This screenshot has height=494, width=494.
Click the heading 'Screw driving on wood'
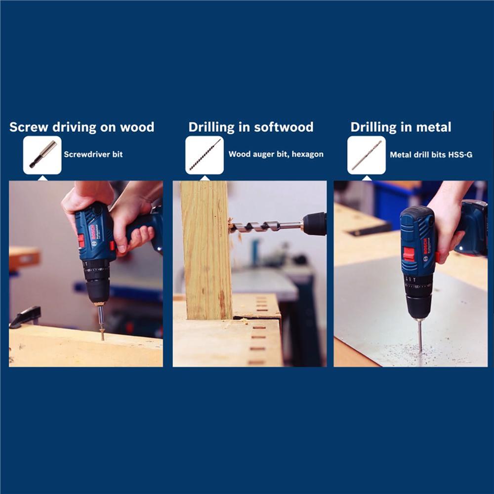click(82, 127)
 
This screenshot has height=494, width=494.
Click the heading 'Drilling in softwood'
click(251, 127)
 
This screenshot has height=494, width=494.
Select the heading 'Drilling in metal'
click(401, 127)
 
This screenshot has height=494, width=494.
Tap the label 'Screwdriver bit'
click(93, 154)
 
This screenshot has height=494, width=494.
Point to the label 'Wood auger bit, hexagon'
click(276, 154)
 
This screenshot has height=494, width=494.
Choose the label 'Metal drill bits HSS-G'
click(431, 155)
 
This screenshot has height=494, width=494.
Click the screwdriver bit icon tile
click(42, 155)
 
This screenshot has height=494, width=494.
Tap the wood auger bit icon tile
click(205, 155)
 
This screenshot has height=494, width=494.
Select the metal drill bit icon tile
click(367, 155)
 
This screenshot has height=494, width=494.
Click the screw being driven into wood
click(102, 334)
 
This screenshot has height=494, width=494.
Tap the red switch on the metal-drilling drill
click(409, 254)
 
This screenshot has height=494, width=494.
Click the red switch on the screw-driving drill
click(81, 241)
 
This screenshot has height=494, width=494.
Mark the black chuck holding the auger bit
click(314, 224)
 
